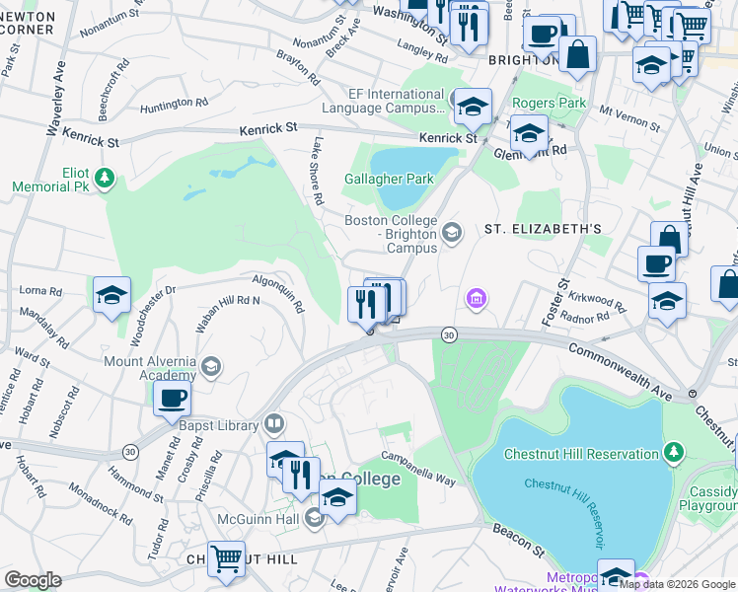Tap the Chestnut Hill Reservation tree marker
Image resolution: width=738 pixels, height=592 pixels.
[x=674, y=453]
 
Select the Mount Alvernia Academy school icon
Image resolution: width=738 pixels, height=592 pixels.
[x=210, y=368]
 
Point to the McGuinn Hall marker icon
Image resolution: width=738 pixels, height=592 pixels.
[x=315, y=517]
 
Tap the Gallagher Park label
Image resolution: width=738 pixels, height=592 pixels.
[x=389, y=180]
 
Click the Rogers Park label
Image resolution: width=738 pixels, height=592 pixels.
[x=549, y=103]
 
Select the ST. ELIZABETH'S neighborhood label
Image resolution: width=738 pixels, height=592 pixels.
[x=542, y=229]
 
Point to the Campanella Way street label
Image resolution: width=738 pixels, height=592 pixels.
[x=419, y=468]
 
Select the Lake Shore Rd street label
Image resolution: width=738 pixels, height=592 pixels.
[x=318, y=171]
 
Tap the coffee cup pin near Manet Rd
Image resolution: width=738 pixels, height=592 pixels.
[x=172, y=398]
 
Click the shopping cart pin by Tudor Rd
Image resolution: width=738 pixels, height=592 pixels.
[x=226, y=557]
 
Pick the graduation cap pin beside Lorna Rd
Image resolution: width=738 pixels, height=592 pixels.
[x=111, y=293]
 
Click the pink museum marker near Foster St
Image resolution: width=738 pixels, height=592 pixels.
[x=477, y=298]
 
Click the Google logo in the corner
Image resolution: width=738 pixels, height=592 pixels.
[x=33, y=580]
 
